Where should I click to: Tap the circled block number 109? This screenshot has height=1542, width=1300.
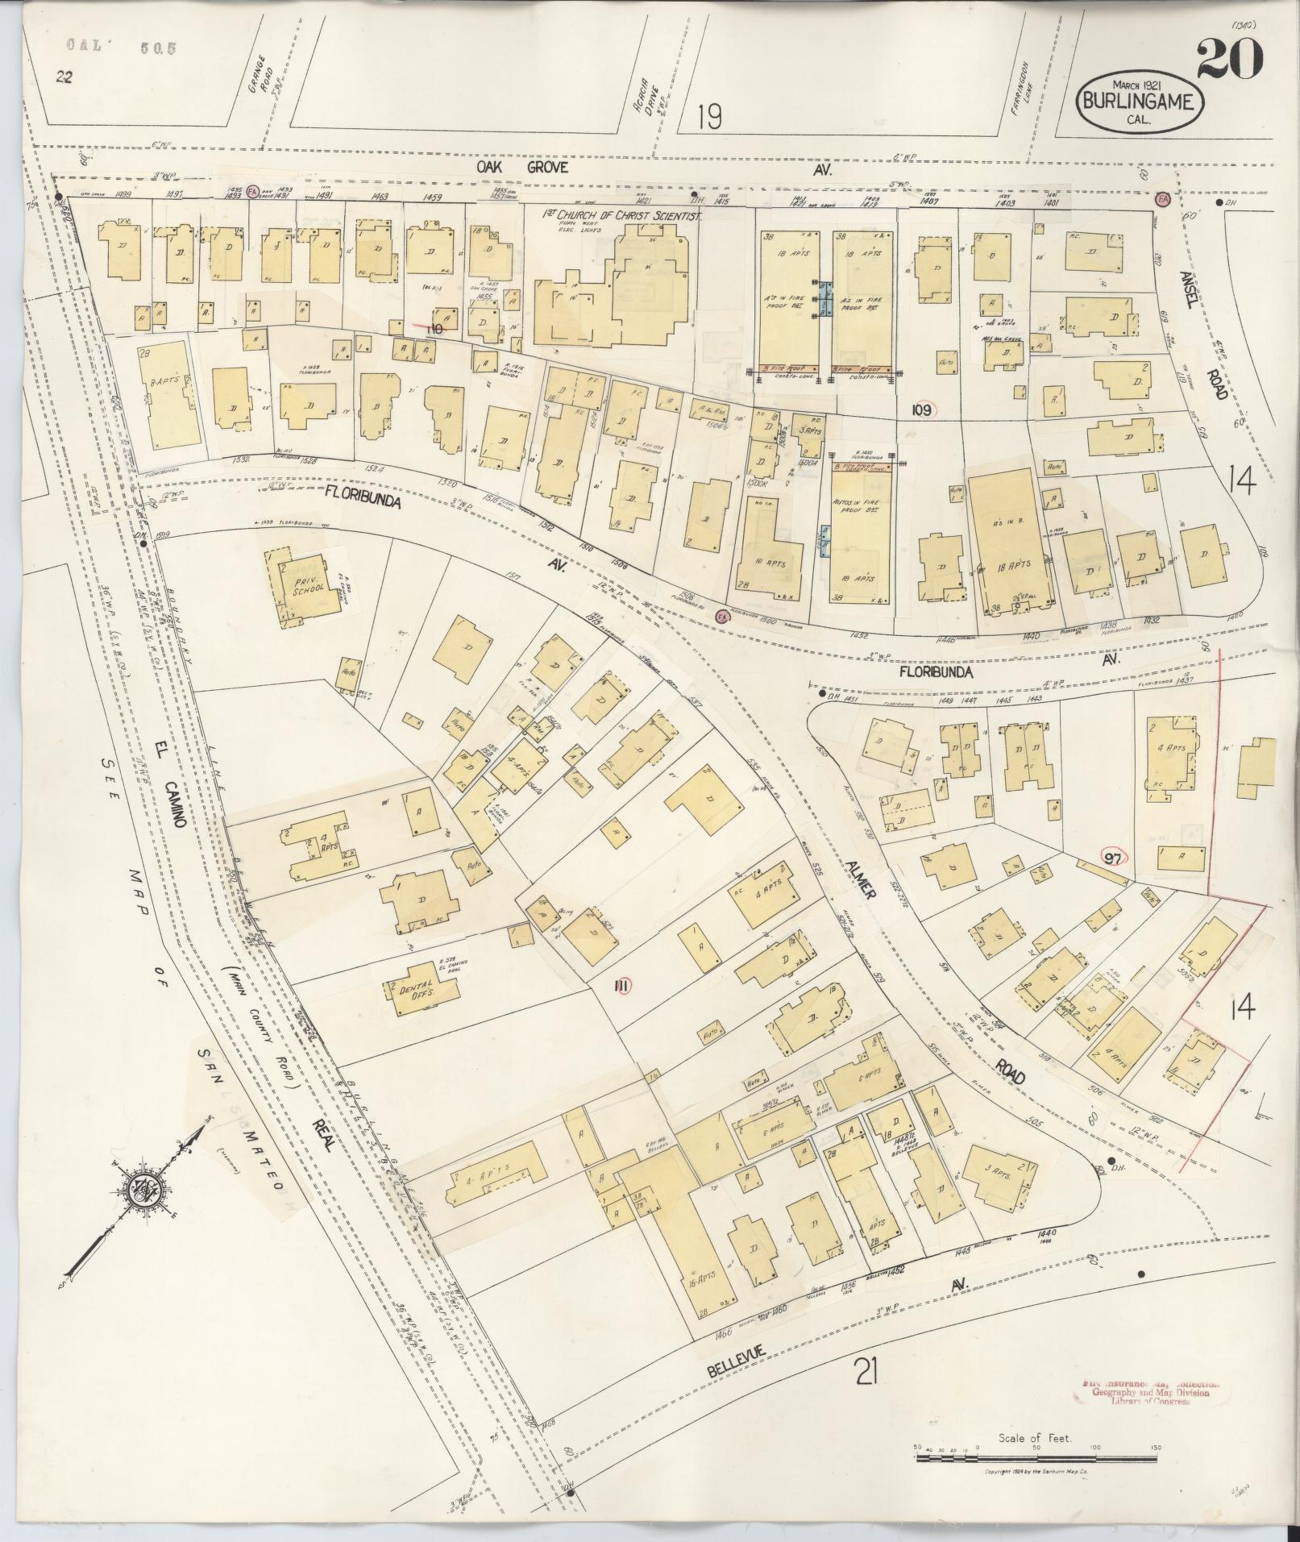tap(922, 410)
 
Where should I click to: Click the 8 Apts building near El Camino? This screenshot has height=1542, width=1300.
tap(172, 395)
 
